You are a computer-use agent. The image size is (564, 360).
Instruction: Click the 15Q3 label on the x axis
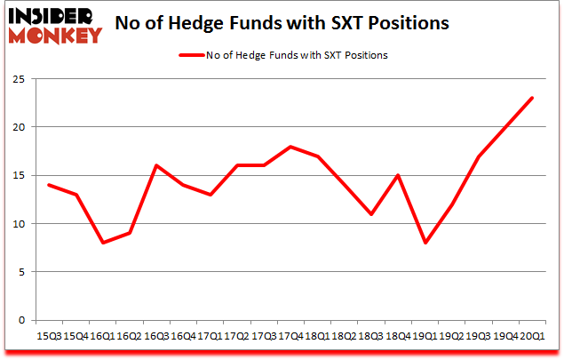click(x=48, y=336)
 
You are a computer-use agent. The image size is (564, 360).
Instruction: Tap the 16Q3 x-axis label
click(x=156, y=336)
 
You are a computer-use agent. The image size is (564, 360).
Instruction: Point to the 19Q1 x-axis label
click(x=424, y=336)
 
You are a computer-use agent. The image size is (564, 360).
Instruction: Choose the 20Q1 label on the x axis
click(x=532, y=336)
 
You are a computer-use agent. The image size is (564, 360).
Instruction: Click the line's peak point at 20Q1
click(x=532, y=98)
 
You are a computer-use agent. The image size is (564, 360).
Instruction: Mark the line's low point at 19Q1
click(x=424, y=243)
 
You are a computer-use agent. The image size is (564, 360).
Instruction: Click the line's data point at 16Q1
click(x=102, y=243)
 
